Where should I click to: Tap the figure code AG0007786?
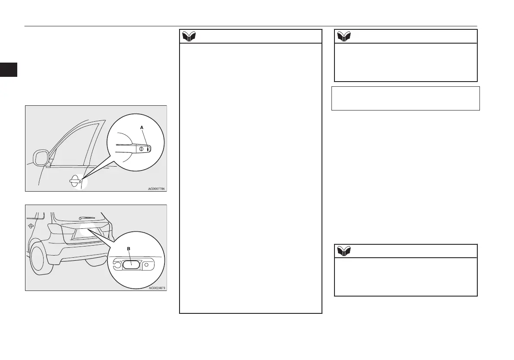coord(153,189)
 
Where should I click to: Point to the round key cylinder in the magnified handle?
coord(142,148)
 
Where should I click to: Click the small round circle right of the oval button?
coord(147,264)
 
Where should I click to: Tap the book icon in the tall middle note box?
coord(189,36)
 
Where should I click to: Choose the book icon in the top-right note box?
coord(344,36)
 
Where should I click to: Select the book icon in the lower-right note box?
coord(344,251)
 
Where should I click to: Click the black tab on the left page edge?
coord(8,69)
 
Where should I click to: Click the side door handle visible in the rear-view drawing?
coord(31,226)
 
